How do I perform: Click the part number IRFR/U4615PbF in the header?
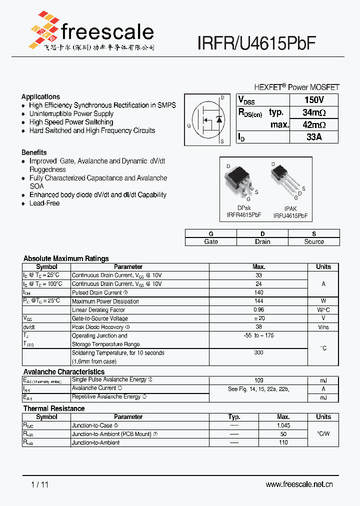(256, 44)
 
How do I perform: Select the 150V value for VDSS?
(314, 100)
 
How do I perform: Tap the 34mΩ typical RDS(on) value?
(314, 112)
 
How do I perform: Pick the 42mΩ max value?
(314, 125)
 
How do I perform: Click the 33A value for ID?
(314, 137)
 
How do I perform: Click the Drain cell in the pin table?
(262, 241)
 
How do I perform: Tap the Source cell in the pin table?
(314, 241)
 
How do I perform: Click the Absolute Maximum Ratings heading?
(66, 258)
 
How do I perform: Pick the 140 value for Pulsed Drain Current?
(258, 292)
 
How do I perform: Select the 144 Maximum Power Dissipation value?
(258, 301)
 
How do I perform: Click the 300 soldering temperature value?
(258, 352)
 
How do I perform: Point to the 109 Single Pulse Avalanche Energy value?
(258, 380)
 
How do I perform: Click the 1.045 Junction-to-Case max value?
(283, 425)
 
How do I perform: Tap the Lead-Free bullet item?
(44, 203)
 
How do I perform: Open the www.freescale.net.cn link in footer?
(299, 484)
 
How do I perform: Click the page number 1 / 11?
(40, 484)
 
